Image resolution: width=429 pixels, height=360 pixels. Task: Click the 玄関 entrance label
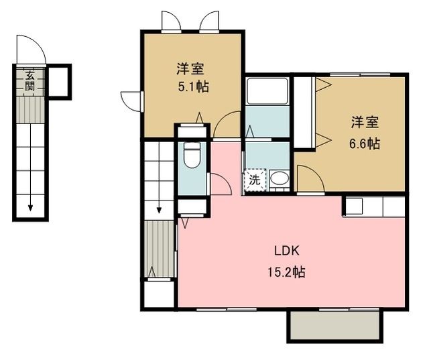tap(30, 80)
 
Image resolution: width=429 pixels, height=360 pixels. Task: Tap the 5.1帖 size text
tap(192, 86)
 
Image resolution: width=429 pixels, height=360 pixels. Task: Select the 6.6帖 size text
tap(365, 143)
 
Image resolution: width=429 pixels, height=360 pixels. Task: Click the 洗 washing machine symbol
tap(255, 179)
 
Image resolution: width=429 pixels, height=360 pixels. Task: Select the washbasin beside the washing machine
tap(279, 178)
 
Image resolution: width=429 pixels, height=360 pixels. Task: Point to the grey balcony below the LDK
tap(335, 326)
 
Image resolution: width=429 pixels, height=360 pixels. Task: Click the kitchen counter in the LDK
tap(375, 206)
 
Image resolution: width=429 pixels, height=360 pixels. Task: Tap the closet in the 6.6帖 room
tap(304, 113)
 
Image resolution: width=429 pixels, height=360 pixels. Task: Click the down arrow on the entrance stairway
tap(30, 206)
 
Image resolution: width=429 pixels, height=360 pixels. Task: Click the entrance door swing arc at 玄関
tap(32, 50)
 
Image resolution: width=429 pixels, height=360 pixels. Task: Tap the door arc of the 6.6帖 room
tap(308, 177)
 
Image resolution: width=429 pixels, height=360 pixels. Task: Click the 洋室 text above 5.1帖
tap(191, 68)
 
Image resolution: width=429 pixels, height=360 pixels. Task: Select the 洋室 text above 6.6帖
tap(365, 123)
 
